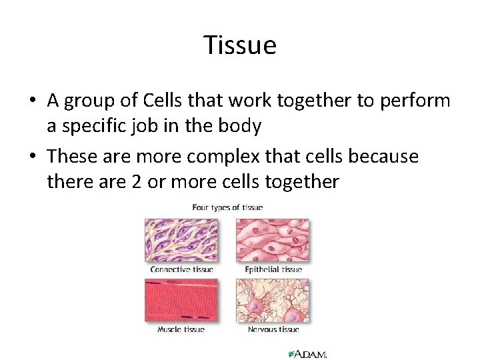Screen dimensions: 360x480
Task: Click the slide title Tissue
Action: [240, 45]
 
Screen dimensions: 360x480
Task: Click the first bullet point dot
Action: [32, 102]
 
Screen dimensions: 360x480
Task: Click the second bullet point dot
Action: [32, 158]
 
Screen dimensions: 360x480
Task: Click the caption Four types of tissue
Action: [227, 207]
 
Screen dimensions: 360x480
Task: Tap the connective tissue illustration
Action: [181, 240]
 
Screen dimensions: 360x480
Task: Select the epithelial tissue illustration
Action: [273, 240]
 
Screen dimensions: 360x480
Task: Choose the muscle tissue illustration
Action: [181, 300]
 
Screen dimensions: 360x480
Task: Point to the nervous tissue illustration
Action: [273, 300]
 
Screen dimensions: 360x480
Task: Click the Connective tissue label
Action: [181, 269]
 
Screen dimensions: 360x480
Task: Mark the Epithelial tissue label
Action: [273, 269]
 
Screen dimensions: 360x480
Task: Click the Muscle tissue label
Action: [181, 329]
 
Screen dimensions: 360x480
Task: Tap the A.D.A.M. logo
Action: [307, 353]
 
